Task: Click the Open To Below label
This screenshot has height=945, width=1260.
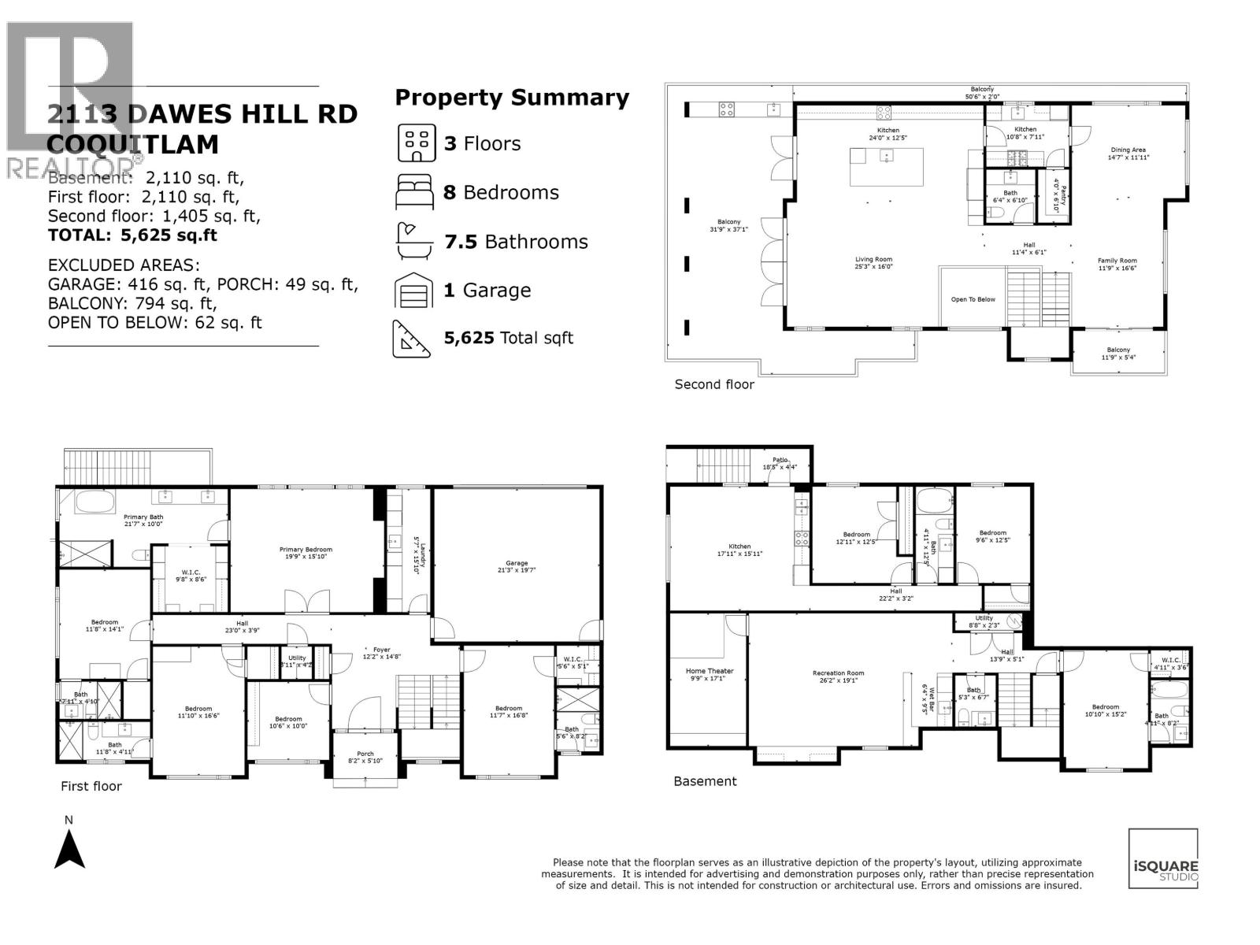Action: [973, 299]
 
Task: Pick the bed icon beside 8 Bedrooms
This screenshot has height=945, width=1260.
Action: [414, 193]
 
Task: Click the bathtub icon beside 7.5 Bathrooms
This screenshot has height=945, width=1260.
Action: [414, 242]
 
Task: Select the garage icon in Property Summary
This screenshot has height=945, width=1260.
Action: [414, 291]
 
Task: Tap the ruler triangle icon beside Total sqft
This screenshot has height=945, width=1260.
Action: [413, 339]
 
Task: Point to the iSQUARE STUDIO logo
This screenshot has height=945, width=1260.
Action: [1163, 859]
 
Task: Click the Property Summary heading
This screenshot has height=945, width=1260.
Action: [512, 98]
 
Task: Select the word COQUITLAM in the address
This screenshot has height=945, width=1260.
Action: [133, 145]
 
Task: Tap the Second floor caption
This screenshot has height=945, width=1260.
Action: [714, 384]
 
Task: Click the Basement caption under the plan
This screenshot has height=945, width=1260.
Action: [705, 781]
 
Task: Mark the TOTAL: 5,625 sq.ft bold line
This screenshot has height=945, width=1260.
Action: [132, 235]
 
